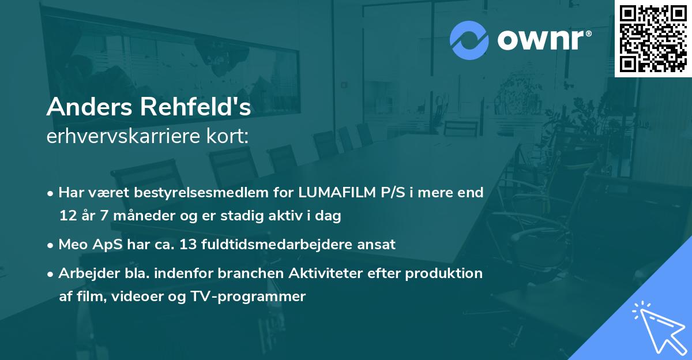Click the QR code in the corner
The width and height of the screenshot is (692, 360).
[653, 38]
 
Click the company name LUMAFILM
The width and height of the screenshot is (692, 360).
[332, 192]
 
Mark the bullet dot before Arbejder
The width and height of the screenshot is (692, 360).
[51, 273]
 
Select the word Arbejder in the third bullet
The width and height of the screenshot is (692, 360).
[85, 273]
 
